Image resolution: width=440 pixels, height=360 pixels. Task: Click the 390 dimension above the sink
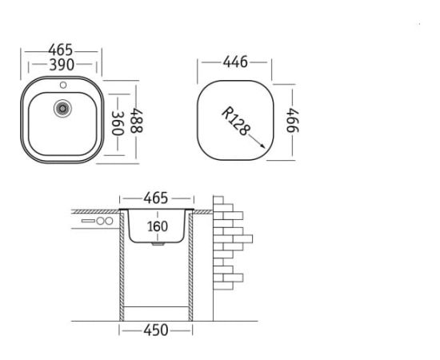[62, 65]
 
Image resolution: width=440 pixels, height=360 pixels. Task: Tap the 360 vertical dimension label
[118, 123]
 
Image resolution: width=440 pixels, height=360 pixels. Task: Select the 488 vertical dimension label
[137, 121]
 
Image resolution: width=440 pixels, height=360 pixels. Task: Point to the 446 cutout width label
[235, 62]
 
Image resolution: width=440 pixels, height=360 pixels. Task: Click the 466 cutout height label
[293, 120]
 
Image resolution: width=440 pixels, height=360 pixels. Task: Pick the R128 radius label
[236, 122]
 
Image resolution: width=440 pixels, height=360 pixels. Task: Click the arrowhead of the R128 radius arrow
[262, 146]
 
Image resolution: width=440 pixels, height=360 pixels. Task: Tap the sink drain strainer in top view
[62, 108]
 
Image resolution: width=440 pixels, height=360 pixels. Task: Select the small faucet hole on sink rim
[63, 85]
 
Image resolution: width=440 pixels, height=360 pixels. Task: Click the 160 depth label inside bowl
[158, 226]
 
